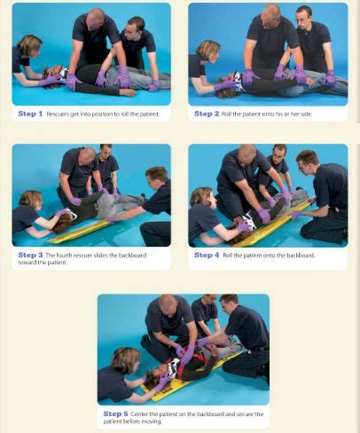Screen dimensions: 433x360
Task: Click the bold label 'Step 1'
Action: [29, 114]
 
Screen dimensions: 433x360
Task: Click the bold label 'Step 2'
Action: [207, 114]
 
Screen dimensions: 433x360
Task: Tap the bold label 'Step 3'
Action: [29, 255]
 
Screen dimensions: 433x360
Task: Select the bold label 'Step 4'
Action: [207, 255]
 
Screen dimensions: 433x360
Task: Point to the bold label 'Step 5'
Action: [115, 413]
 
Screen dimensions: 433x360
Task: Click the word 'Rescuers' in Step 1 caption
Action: [58, 114]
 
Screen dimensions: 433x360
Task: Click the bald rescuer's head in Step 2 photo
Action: [270, 15]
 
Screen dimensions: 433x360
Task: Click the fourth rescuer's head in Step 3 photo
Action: [156, 175]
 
